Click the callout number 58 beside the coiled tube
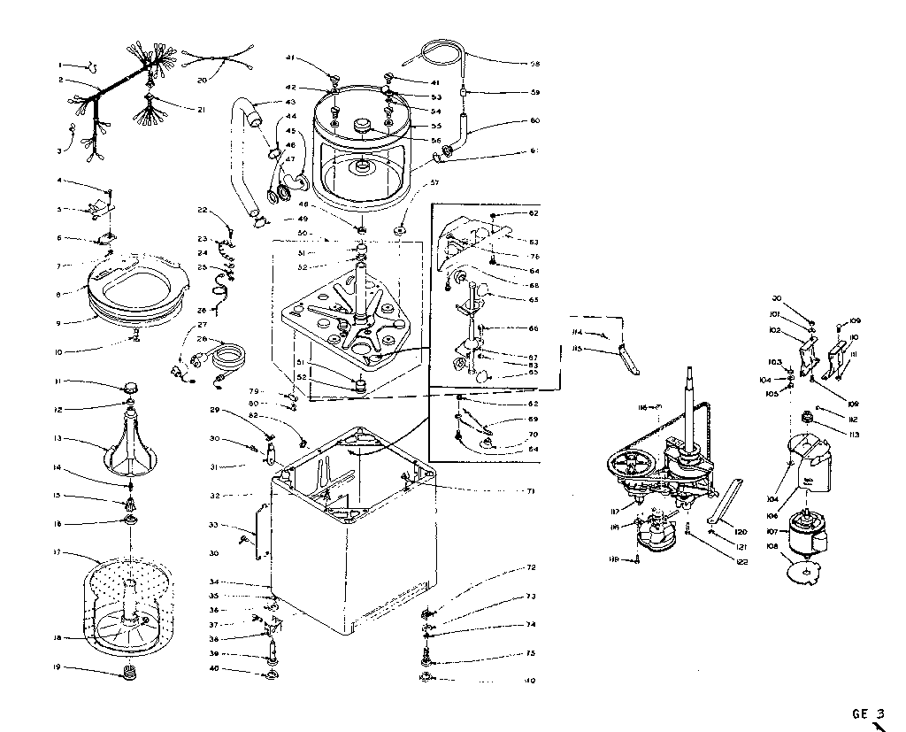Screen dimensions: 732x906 534,64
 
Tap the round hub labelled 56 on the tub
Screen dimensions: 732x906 363,126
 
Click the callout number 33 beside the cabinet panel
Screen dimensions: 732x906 212,525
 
